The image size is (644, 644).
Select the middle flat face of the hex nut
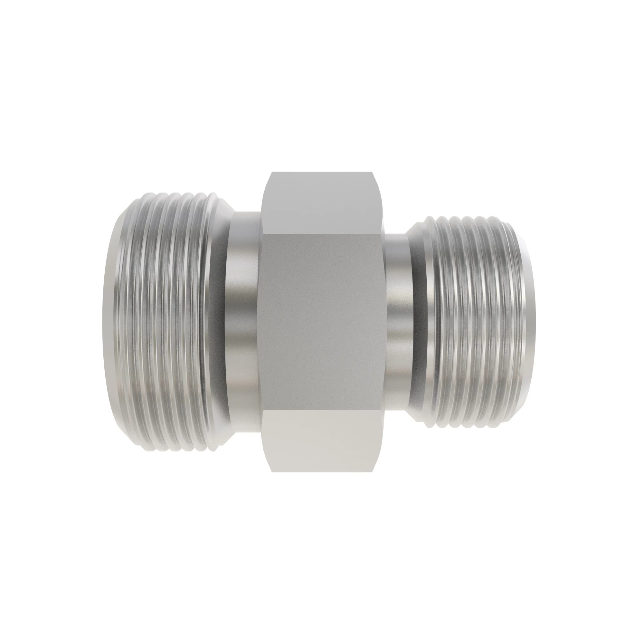[322, 322]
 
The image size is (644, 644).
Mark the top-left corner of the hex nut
[272, 172]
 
